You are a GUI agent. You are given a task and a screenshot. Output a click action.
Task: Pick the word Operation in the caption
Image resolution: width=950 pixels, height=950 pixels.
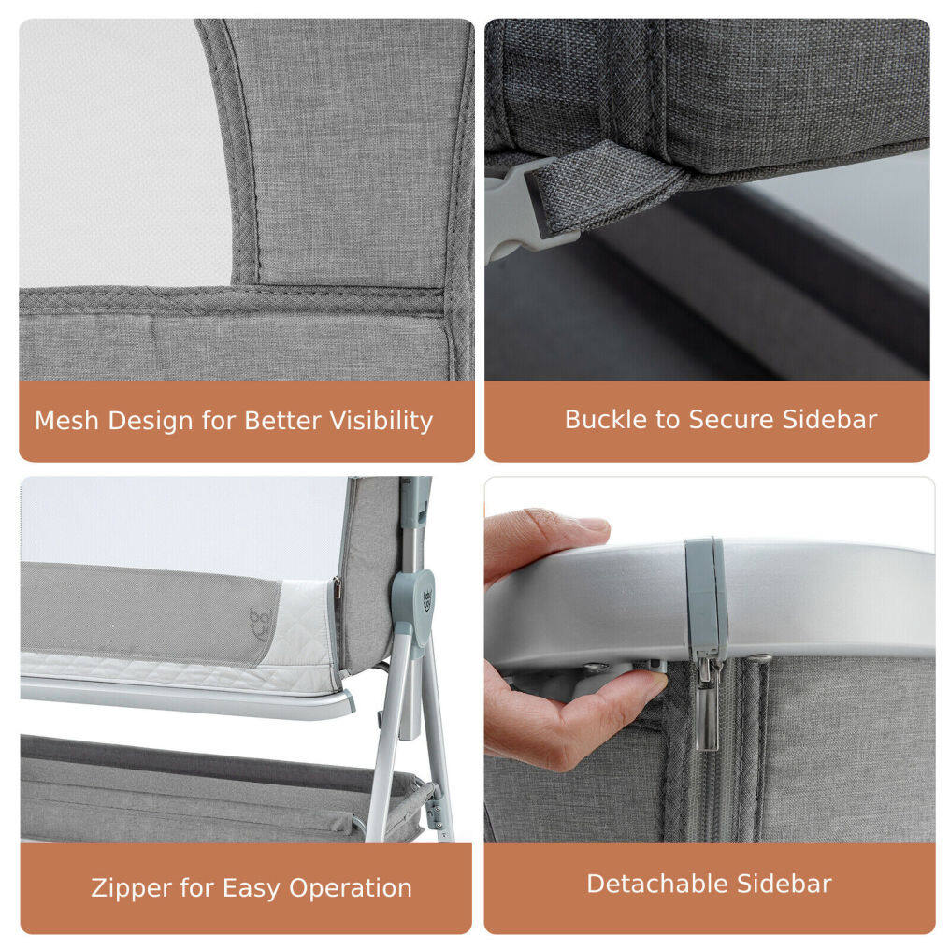[351, 888]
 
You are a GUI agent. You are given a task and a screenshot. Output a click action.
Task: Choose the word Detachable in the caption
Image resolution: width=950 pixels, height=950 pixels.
[657, 884]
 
